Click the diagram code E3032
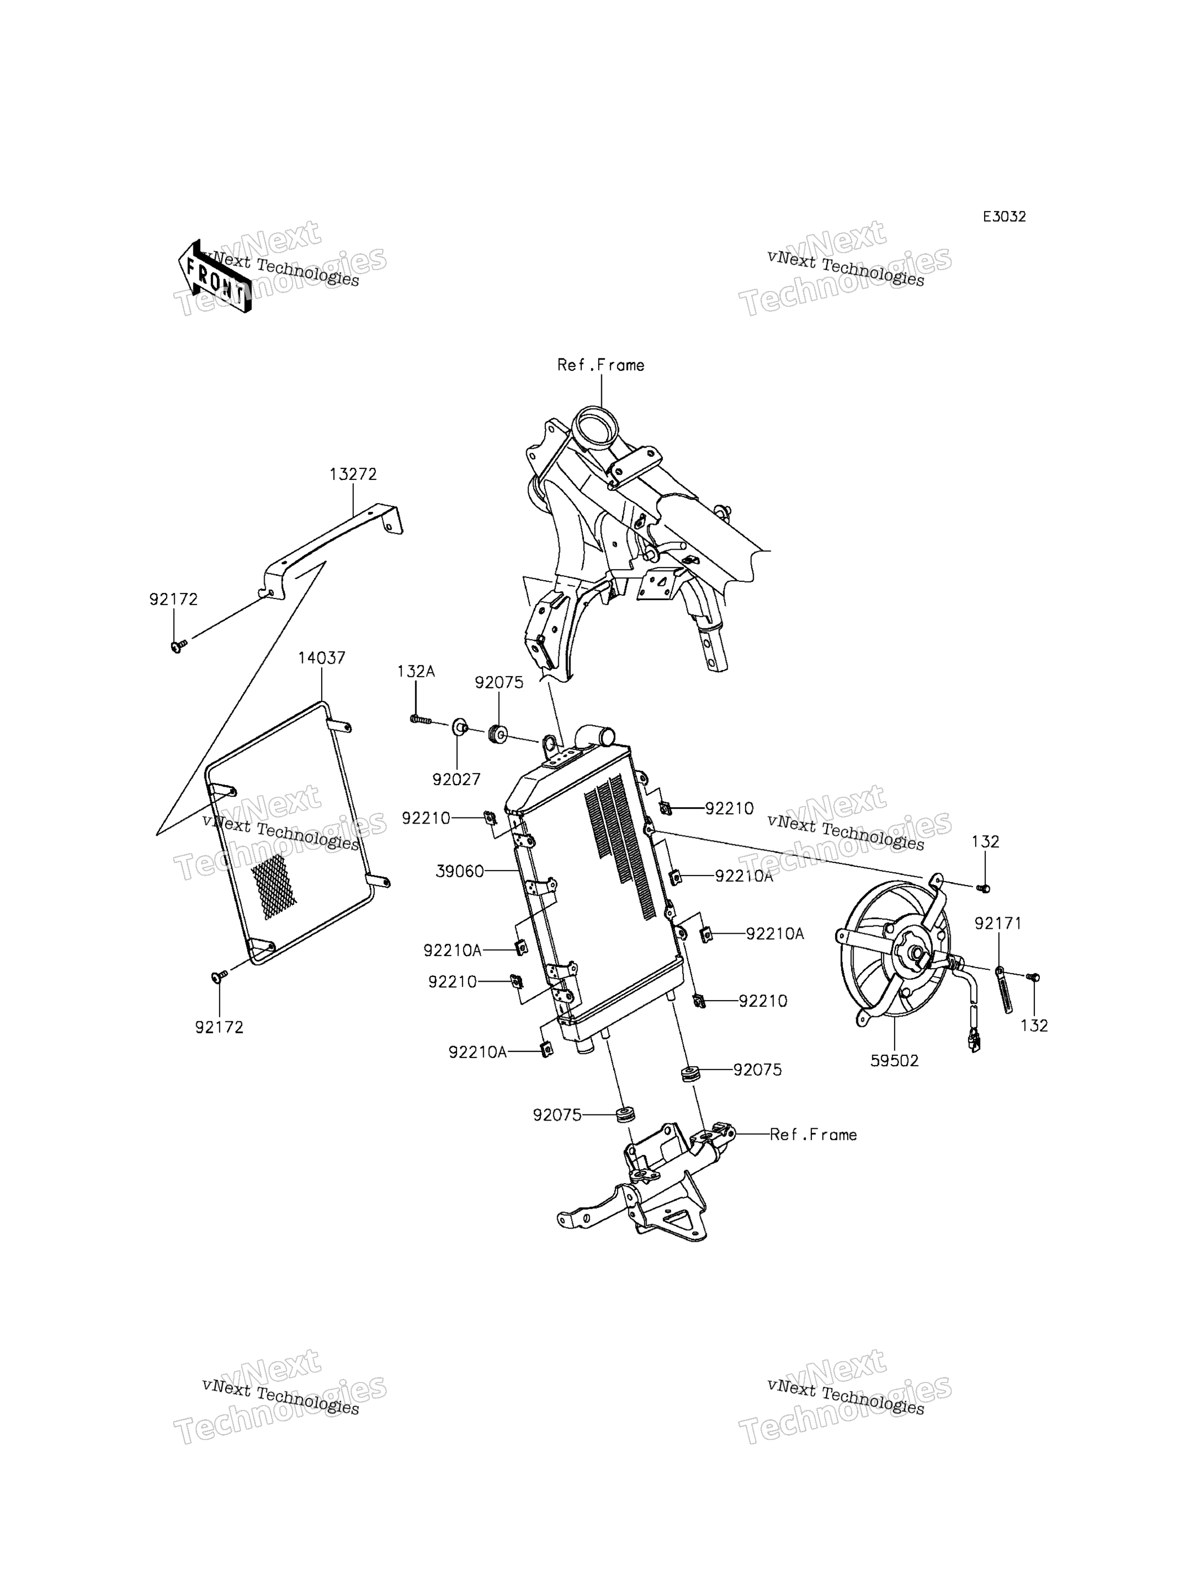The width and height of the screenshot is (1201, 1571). (x=1004, y=216)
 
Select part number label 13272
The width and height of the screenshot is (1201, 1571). (x=353, y=474)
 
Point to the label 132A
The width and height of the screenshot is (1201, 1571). (x=416, y=671)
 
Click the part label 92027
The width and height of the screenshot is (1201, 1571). (x=456, y=779)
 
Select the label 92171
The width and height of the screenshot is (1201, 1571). (x=998, y=924)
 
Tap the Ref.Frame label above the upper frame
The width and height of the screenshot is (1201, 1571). (x=600, y=365)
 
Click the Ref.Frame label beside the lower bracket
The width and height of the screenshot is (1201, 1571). (x=814, y=1135)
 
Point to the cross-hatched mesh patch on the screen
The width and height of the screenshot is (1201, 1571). (x=271, y=887)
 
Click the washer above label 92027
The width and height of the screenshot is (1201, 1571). (x=459, y=729)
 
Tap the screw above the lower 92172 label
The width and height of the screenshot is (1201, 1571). (x=220, y=975)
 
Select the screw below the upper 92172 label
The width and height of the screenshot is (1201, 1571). (x=178, y=645)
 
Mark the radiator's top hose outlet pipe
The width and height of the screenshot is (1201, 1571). (x=596, y=735)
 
